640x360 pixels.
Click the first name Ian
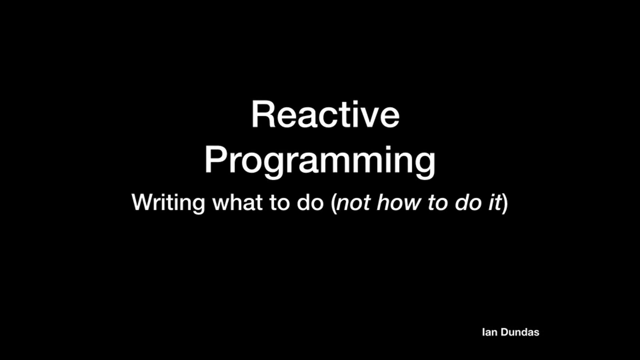pyautogui.click(x=490, y=332)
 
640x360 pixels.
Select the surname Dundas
pyautogui.click(x=520, y=332)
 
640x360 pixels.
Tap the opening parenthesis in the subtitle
pyautogui.click(x=334, y=203)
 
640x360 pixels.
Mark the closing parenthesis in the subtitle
pyautogui.click(x=505, y=203)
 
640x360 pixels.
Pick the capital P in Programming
pyautogui.click(x=216, y=160)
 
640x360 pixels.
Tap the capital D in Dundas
pyautogui.click(x=505, y=332)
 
